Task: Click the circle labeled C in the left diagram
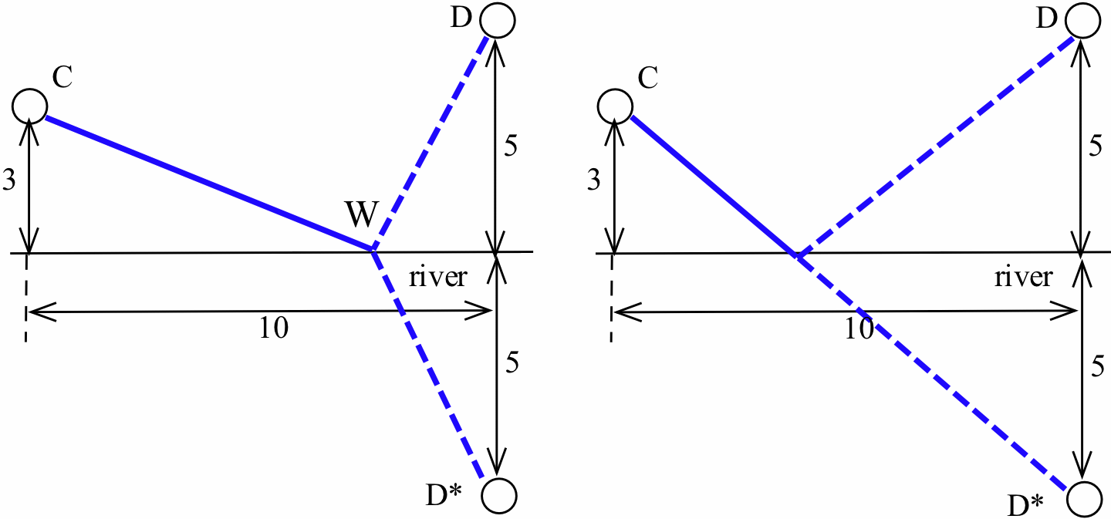tap(29, 104)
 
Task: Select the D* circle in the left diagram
tap(498, 495)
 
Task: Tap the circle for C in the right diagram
tap(614, 104)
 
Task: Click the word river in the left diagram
tap(437, 278)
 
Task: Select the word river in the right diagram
tap(1023, 278)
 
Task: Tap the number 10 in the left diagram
tap(273, 329)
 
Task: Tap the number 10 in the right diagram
tap(857, 329)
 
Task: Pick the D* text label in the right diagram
tap(1028, 505)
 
